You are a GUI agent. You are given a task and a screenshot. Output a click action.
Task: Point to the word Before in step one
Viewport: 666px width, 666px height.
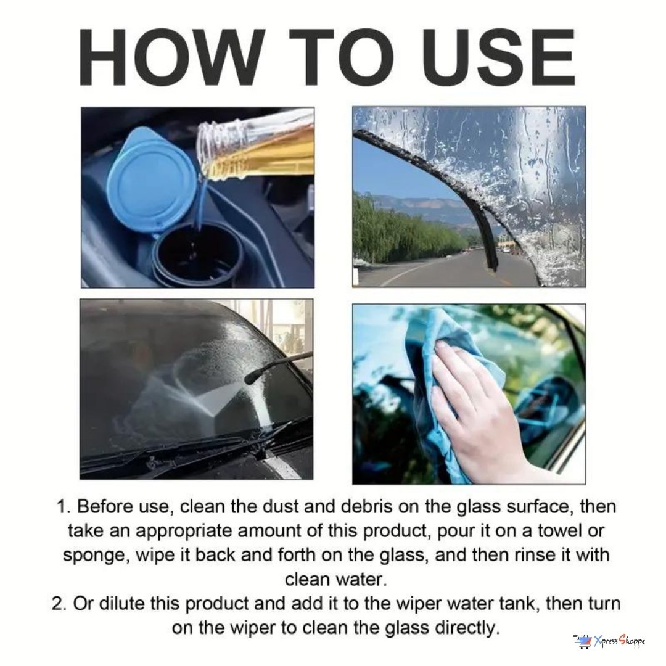click(104, 507)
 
